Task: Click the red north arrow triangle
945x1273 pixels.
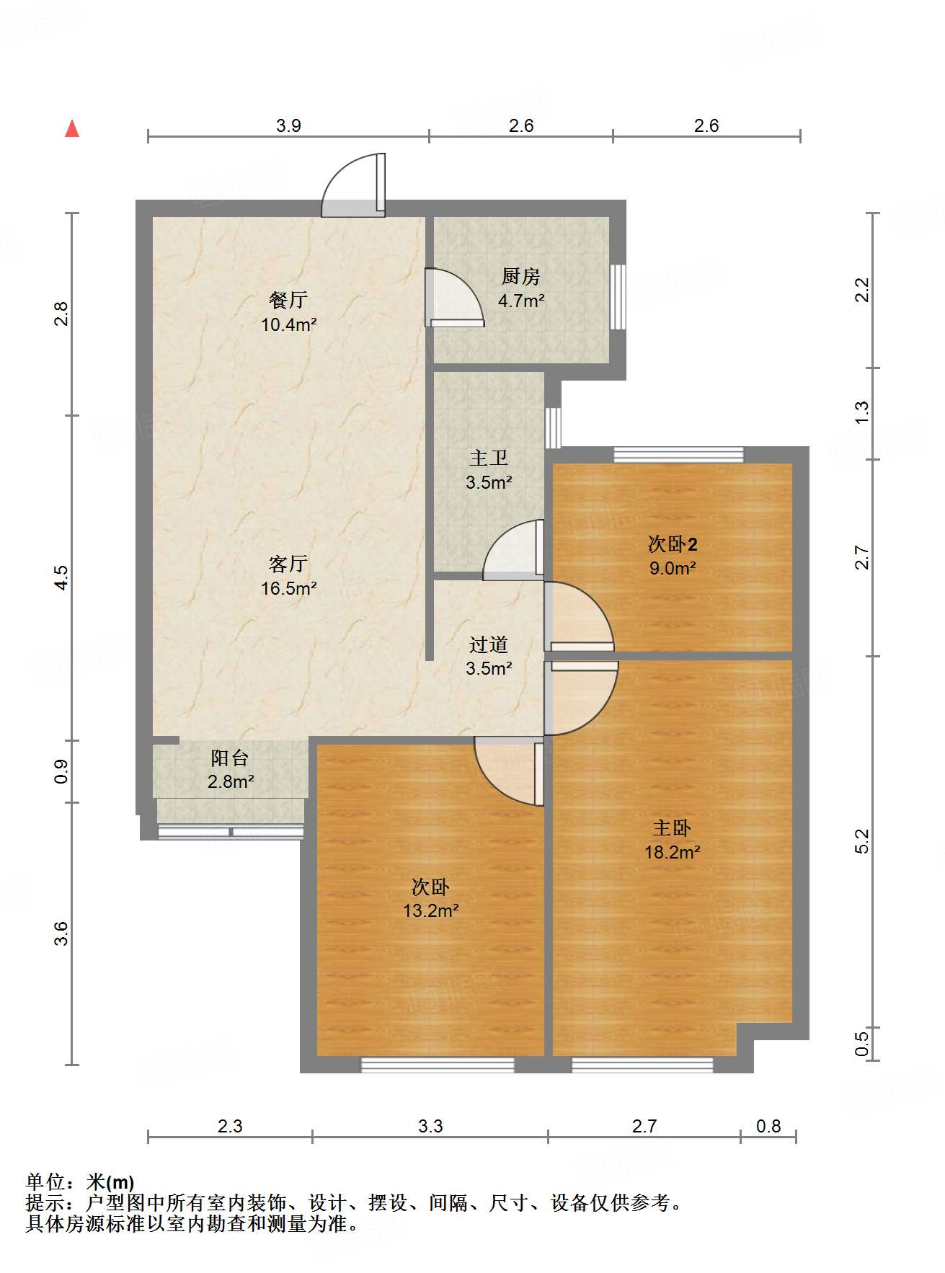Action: [72, 128]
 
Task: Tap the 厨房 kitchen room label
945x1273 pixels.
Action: [520, 276]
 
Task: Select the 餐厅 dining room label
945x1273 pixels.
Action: [288, 300]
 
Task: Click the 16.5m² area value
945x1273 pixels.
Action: [289, 588]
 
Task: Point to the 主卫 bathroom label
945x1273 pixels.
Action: [489, 458]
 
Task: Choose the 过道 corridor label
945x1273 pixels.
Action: [489, 644]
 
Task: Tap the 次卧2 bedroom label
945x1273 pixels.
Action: [673, 544]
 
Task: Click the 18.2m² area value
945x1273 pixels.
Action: [673, 852]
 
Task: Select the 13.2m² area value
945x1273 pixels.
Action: [431, 910]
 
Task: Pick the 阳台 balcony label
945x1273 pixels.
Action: [230, 758]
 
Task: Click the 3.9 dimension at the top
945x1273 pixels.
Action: [288, 125]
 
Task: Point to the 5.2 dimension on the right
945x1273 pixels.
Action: [862, 841]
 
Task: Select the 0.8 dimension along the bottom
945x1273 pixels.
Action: [768, 1126]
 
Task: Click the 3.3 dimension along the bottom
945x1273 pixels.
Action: [430, 1126]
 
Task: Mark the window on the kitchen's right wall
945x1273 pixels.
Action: [618, 297]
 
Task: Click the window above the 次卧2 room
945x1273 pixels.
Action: [678, 455]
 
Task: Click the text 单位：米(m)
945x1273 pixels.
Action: [80, 1181]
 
